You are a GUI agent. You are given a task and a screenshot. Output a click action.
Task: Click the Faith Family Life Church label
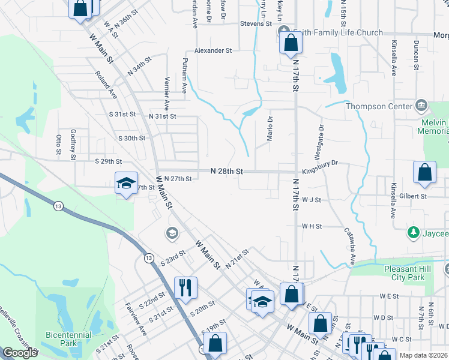point(336,32)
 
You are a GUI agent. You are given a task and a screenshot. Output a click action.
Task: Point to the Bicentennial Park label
point(68,339)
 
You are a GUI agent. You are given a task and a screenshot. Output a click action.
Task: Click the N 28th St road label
point(226,171)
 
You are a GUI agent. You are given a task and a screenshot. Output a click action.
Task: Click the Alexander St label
point(212,51)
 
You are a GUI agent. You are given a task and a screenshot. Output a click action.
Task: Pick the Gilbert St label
point(414,196)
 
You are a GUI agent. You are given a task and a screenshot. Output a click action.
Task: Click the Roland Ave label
point(106,85)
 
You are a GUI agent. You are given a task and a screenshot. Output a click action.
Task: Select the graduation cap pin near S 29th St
point(127,182)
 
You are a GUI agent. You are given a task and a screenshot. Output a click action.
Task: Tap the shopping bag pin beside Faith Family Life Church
point(291,43)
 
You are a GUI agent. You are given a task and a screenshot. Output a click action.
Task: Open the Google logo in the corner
point(20,353)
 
